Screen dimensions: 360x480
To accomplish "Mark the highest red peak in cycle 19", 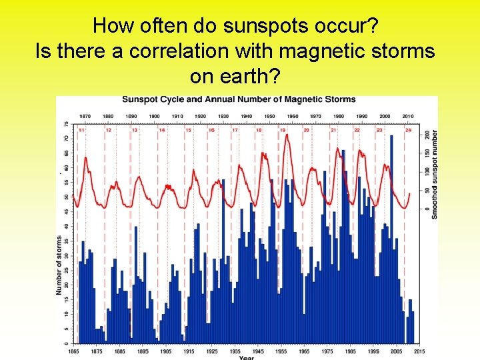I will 287,135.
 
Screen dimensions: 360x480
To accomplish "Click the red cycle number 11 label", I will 81,130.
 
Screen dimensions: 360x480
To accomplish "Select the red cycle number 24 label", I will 408,130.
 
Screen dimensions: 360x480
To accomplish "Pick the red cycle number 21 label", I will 333,130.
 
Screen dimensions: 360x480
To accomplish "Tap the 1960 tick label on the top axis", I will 293,116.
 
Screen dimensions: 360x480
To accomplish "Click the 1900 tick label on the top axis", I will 154,116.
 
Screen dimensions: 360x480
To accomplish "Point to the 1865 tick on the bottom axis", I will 74,351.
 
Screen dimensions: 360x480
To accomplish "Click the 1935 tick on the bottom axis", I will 235,351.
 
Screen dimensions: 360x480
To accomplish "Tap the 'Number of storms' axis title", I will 59,265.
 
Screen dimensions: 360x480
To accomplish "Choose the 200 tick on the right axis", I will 427,135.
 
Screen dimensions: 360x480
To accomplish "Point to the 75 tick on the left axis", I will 65,125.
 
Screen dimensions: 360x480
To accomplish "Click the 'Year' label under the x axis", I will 247,357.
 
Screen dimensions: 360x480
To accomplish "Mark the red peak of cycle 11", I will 86,158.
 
